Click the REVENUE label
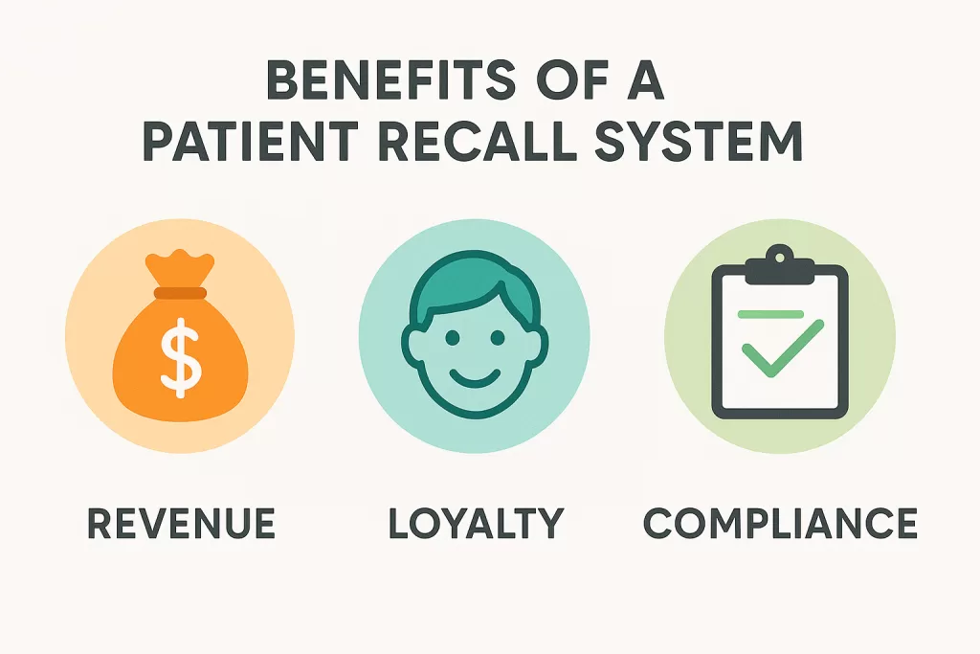point(181,524)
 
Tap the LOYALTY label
point(475,524)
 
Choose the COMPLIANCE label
point(780,524)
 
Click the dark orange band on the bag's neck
point(180,293)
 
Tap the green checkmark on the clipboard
point(783,349)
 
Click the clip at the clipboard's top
point(780,261)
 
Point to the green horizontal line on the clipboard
point(770,313)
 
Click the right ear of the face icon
point(538,346)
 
